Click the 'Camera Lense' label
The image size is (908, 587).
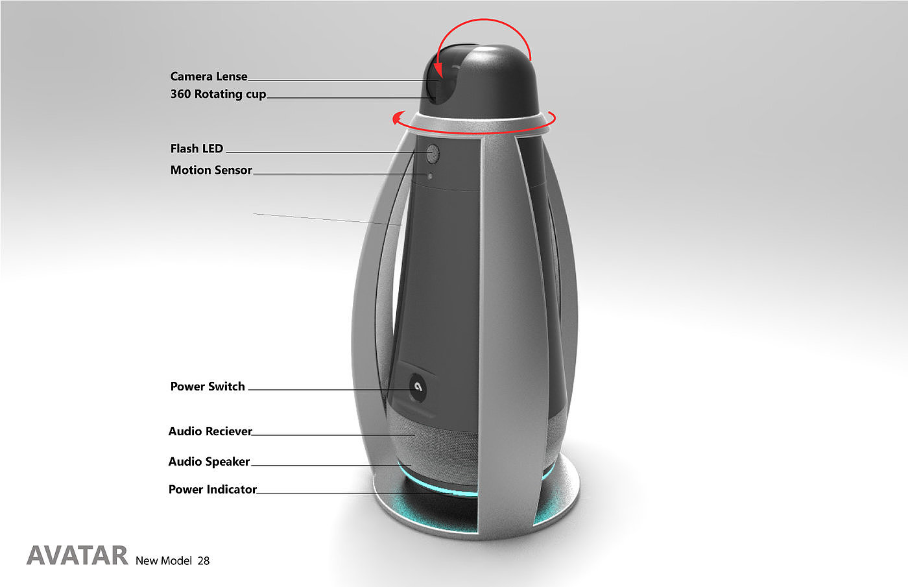point(208,77)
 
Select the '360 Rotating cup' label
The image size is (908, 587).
point(218,94)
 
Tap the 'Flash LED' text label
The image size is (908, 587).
point(197,149)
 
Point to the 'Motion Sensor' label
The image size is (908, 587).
point(211,170)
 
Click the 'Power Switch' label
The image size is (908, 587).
point(208,387)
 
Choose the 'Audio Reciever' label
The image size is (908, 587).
point(210,431)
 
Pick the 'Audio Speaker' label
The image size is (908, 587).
point(209,462)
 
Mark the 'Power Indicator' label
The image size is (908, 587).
point(212,490)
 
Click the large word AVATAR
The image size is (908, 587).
point(77,556)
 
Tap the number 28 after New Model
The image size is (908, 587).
point(204,561)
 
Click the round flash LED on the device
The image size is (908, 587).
point(433,154)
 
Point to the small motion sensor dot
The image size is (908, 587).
point(429,175)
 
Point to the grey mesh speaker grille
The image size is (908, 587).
point(441,444)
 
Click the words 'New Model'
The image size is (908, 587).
point(163,561)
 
